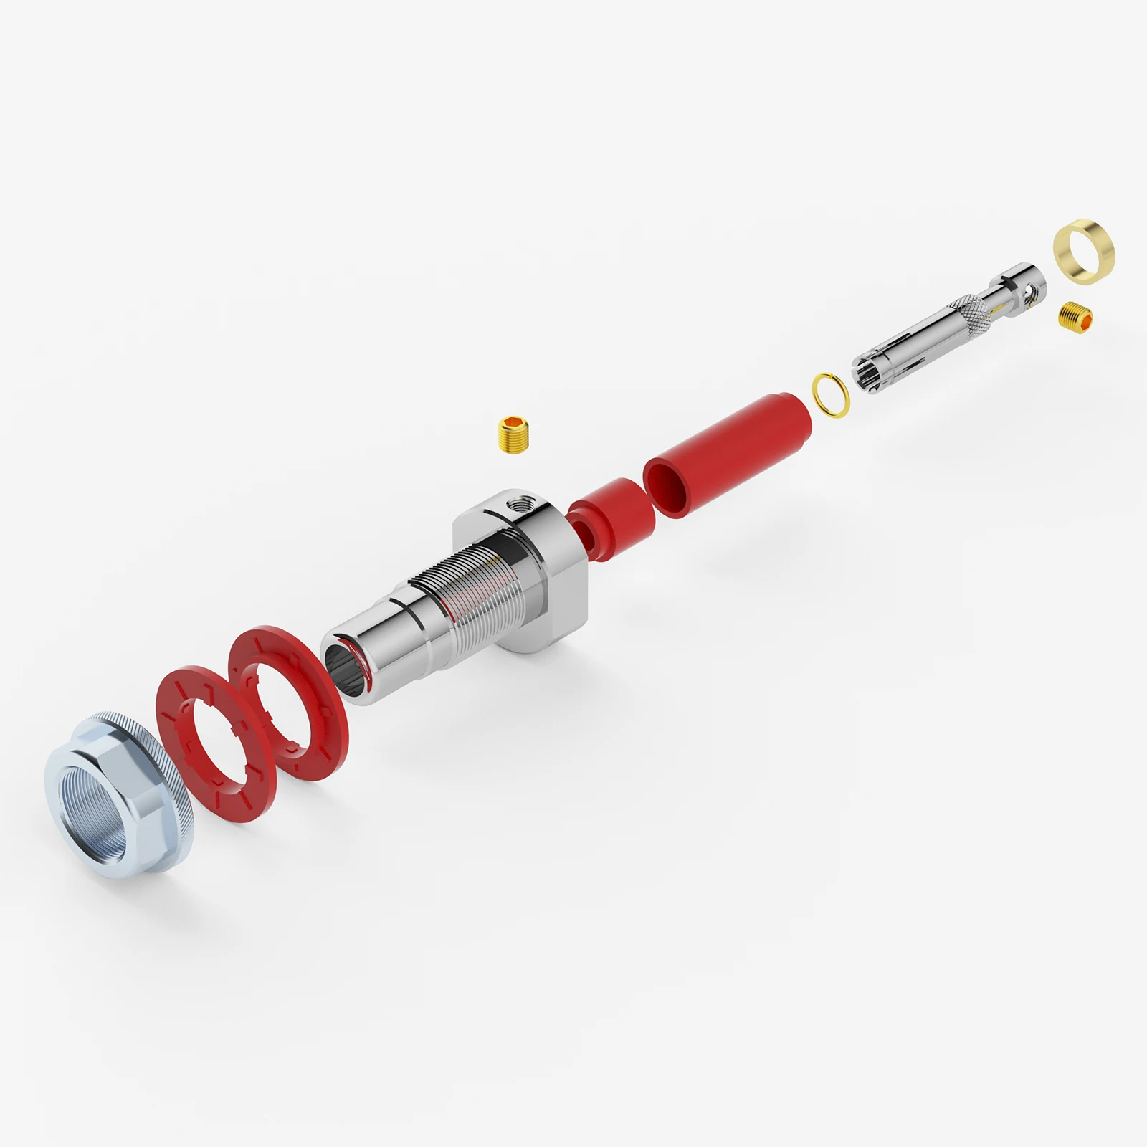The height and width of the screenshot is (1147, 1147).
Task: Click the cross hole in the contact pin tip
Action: (1031, 290)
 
